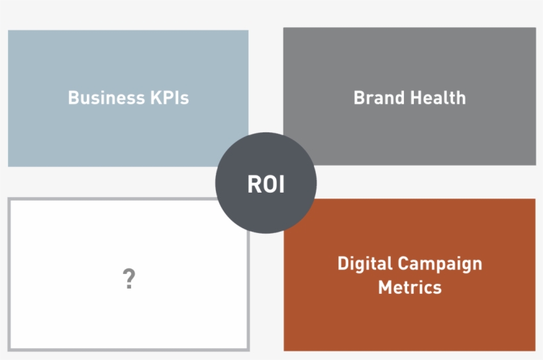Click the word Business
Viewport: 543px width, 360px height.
(107, 98)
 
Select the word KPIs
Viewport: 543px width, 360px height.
(170, 98)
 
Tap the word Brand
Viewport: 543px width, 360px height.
(379, 98)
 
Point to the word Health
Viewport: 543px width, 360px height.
(438, 98)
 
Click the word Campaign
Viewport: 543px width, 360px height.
(440, 265)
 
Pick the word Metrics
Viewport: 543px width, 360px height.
(410, 287)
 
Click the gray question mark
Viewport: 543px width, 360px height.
(129, 279)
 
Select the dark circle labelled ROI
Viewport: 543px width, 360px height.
(266, 183)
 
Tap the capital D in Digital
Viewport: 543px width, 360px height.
(343, 264)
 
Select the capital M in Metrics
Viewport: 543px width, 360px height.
(385, 287)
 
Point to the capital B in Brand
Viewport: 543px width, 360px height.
(359, 98)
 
